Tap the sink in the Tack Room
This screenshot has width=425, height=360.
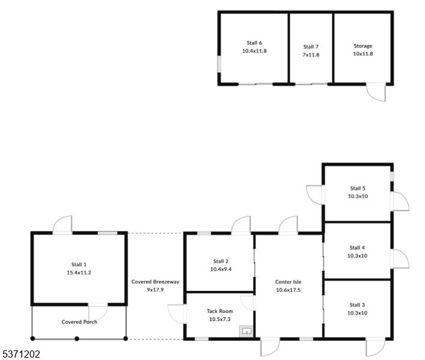click(x=246, y=331)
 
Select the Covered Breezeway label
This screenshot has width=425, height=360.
click(x=155, y=281)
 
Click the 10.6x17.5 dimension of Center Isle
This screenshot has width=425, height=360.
click(x=288, y=290)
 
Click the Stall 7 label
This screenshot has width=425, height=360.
click(x=311, y=47)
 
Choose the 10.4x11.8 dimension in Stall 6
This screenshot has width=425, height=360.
click(x=255, y=51)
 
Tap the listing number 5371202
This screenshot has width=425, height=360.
click(x=21, y=355)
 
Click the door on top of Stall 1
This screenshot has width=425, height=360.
click(x=62, y=226)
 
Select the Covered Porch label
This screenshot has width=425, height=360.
click(x=79, y=322)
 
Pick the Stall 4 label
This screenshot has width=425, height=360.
click(x=358, y=247)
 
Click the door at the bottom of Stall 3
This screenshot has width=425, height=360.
click(x=376, y=347)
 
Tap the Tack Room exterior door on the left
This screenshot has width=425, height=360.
click(x=177, y=313)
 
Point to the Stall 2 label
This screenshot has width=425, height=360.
click(x=221, y=261)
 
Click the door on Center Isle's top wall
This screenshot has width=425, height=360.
click(x=288, y=225)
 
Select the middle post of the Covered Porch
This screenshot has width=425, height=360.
click(x=77, y=339)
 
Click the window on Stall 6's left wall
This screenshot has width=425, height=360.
click(x=219, y=64)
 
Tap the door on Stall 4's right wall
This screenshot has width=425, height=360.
click(x=400, y=259)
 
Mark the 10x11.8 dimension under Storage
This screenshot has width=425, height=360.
click(x=363, y=54)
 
